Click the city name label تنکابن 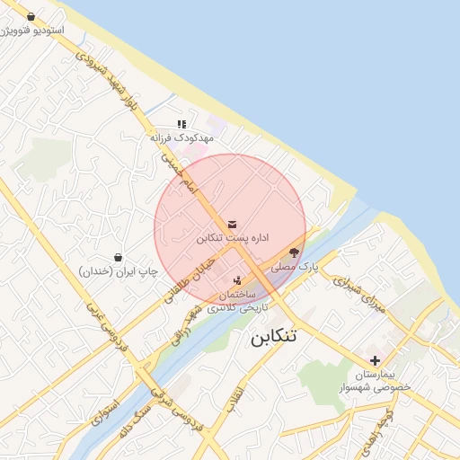click(273, 338)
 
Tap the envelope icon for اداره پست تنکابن click(233, 224)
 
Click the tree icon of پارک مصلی click(295, 253)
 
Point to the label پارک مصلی click(296, 267)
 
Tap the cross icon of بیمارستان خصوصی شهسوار click(375, 359)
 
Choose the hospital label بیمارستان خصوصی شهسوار click(375, 380)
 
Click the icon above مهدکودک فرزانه click(181, 125)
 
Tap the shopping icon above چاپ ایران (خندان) click(118, 257)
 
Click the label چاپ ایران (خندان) click(118, 270)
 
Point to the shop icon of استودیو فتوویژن click(31, 16)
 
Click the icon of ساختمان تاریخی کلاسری click(237, 280)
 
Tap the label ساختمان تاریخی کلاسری click(237, 301)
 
